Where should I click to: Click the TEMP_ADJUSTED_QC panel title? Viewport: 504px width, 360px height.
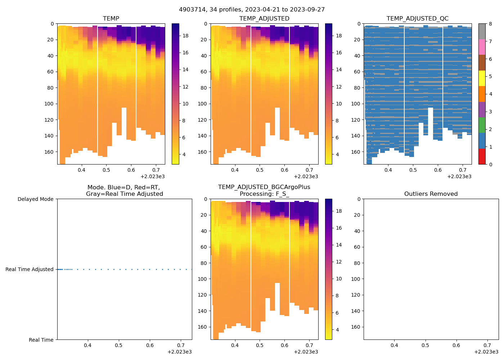[417, 19]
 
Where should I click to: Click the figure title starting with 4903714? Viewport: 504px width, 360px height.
[252, 10]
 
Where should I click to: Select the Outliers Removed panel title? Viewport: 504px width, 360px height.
[431, 194]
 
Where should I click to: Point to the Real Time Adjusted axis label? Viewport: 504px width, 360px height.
[29, 269]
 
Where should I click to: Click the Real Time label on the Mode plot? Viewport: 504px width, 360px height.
[41, 340]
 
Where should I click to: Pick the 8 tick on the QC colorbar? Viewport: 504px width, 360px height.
[490, 24]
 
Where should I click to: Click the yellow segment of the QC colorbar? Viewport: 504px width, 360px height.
[482, 78]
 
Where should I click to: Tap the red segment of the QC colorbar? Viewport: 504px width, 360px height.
[482, 157]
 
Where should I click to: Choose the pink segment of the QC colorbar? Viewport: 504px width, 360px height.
[482, 47]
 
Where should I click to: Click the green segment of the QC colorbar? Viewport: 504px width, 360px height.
[482, 125]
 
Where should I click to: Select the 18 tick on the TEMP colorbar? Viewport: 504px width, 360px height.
[185, 36]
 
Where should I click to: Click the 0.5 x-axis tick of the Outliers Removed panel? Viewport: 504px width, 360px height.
[425, 345]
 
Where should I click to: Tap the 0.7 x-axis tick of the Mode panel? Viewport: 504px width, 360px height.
[181, 345]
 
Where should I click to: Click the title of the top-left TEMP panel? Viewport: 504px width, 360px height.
[111, 19]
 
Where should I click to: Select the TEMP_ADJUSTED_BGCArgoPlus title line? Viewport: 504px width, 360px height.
[264, 187]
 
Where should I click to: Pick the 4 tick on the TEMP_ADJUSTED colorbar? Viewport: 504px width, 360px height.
[337, 154]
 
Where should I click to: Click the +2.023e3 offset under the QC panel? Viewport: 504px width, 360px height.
[459, 177]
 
